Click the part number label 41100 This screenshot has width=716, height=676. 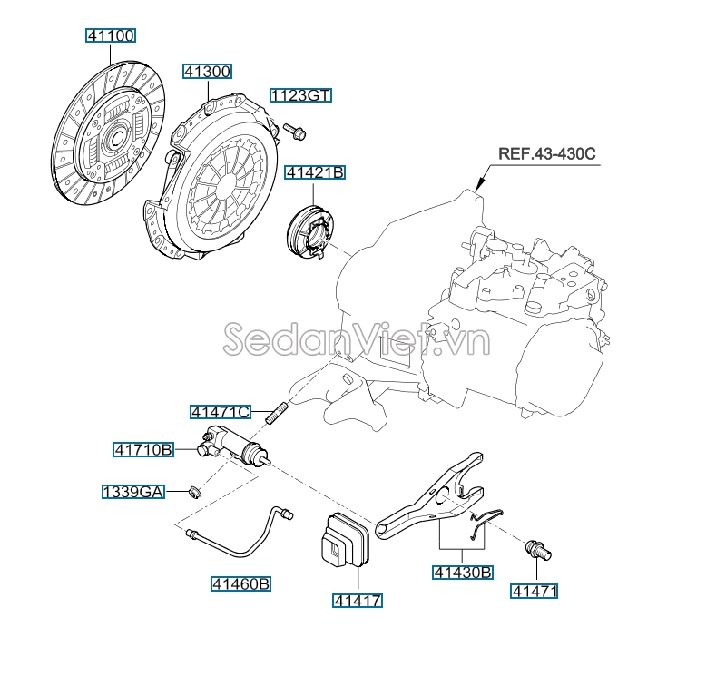point(111,35)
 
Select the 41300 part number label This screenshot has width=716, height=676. point(207,72)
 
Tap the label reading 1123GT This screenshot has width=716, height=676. point(300,95)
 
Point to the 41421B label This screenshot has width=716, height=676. point(315,172)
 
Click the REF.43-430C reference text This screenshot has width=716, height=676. point(547,153)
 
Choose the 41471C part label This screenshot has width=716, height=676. point(221,412)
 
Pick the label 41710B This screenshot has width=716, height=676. point(143,449)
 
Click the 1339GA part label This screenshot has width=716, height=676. point(132,492)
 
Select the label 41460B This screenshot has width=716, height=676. point(240,583)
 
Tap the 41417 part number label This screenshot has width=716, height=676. point(357,600)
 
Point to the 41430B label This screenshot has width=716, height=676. point(463,572)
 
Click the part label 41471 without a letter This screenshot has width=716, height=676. point(534,591)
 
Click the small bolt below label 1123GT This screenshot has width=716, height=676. point(295,132)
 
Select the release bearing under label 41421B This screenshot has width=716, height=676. point(310,233)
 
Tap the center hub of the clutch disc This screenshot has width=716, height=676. point(114,137)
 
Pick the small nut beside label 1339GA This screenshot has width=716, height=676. point(195,493)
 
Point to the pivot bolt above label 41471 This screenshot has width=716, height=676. point(539,549)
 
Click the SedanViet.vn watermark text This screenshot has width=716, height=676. point(357,339)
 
